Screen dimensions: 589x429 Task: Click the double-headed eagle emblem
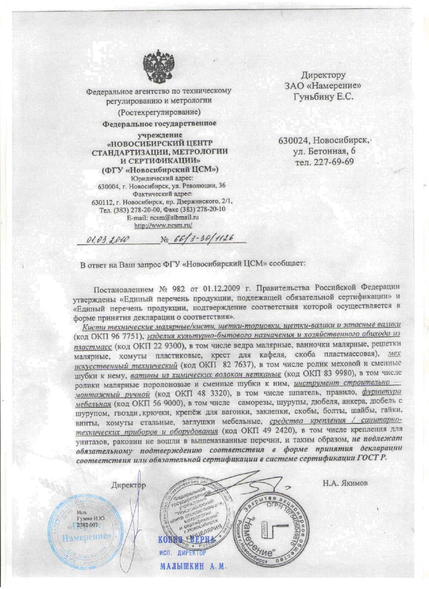pyautogui.click(x=158, y=67)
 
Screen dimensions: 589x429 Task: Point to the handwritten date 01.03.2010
pyautogui.click(x=108, y=240)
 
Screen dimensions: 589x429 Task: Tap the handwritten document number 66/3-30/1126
pyautogui.click(x=202, y=239)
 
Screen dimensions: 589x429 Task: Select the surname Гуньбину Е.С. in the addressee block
pyautogui.click(x=323, y=96)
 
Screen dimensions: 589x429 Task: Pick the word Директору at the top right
pyautogui.click(x=323, y=75)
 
